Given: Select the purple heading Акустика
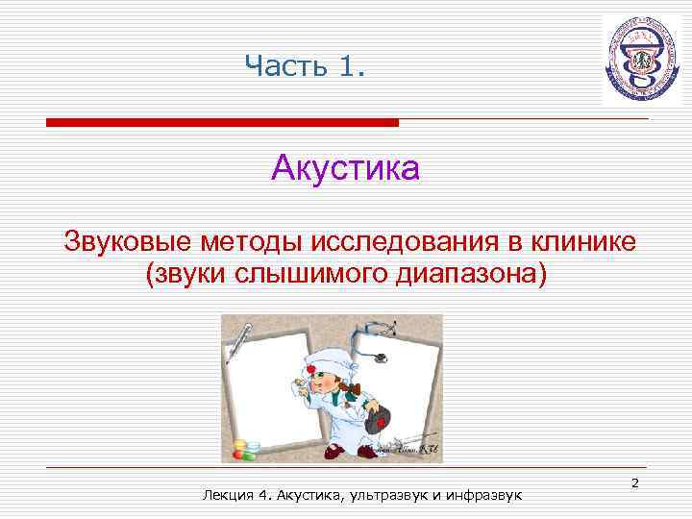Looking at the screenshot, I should pyautogui.click(x=345, y=169).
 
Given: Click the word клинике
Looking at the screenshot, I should pyautogui.click(x=583, y=239).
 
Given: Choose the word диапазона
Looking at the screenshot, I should pyautogui.click(x=468, y=275).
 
